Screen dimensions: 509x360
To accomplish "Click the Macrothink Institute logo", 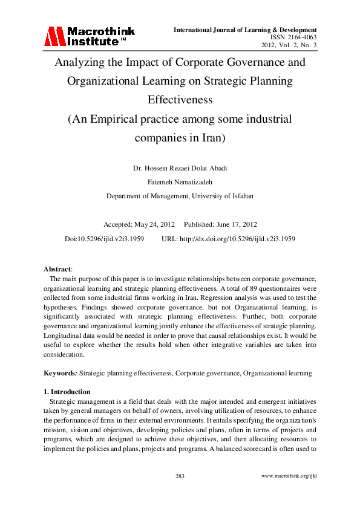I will click(89, 36).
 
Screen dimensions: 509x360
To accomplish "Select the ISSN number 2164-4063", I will click(301, 37).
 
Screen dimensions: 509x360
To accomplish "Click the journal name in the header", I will click(245, 30).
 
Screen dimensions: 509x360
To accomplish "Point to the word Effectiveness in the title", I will click(180, 100).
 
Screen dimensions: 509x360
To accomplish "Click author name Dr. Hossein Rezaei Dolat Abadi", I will click(180, 167).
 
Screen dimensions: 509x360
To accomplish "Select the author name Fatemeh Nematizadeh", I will click(180, 181).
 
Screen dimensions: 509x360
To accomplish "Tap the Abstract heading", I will click(57, 268).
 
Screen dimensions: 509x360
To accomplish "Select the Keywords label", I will click(61, 374).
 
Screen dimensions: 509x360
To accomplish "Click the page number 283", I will click(180, 476).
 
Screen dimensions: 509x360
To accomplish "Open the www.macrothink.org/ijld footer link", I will click(289, 476).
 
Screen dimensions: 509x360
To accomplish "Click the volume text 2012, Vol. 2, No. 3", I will click(289, 45).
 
